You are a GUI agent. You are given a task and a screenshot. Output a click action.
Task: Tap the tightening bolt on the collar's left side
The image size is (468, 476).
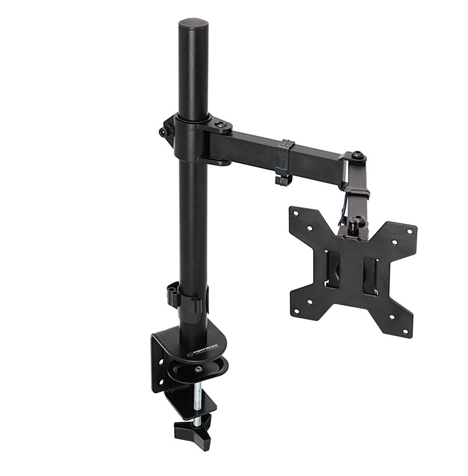pos(163,133)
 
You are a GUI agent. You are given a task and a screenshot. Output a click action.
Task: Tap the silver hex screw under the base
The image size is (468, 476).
pos(198,368)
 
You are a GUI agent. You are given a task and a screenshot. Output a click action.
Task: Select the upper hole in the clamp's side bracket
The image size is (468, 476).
pos(159,348)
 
